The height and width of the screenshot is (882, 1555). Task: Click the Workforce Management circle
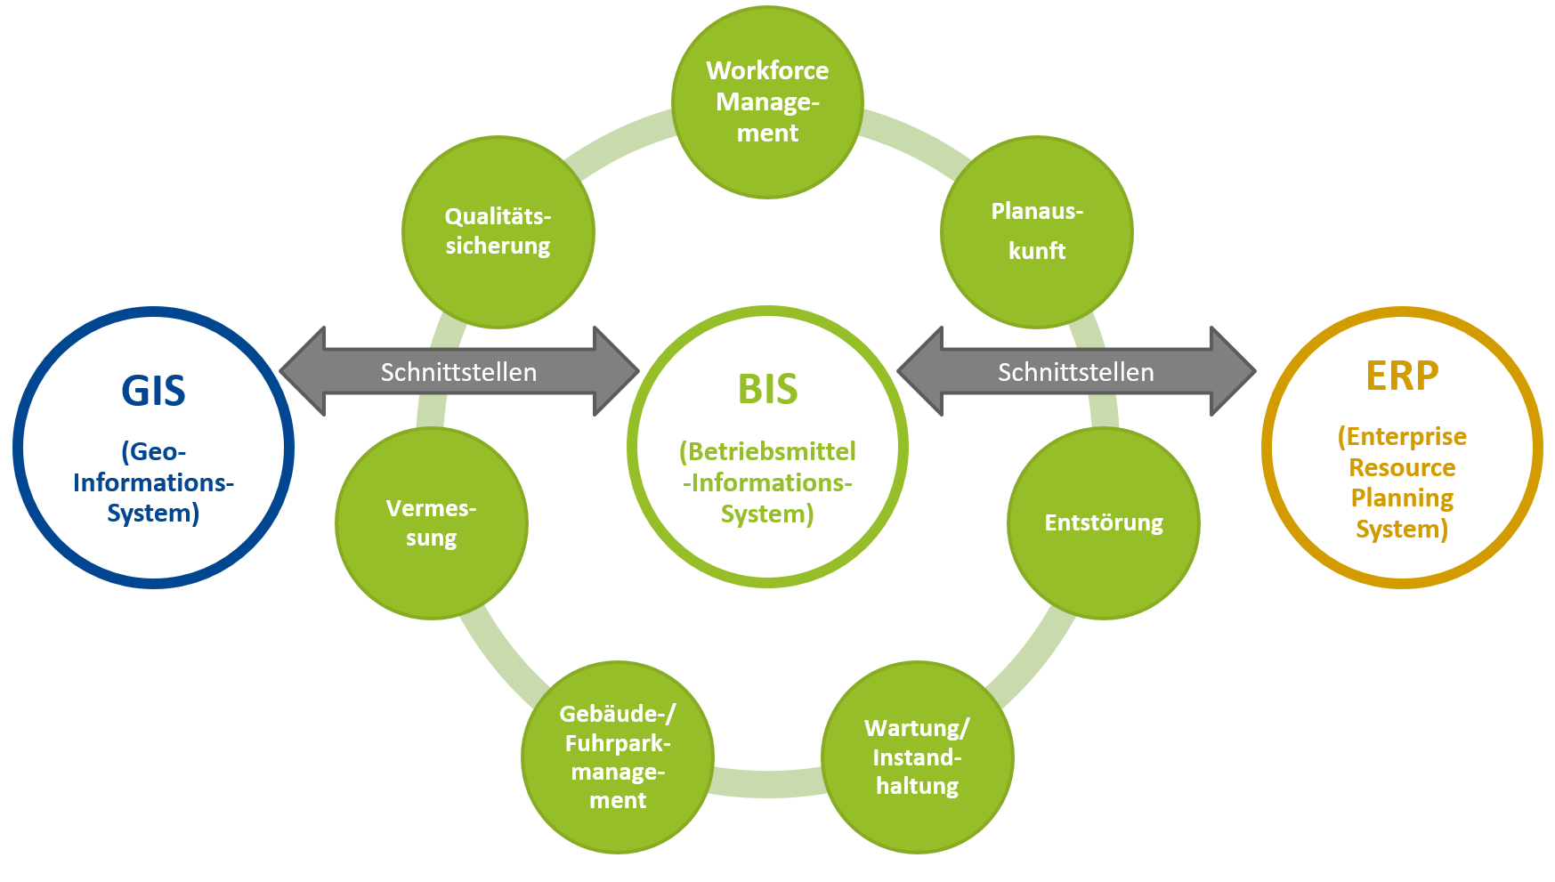767,102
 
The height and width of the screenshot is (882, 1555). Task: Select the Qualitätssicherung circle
498,231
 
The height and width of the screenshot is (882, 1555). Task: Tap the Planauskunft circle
1036,231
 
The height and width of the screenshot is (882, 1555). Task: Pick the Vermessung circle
431,523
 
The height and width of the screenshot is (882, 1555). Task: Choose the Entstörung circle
1103,523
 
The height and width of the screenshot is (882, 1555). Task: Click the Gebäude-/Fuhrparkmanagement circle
617,757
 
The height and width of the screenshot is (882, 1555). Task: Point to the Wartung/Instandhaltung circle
917,757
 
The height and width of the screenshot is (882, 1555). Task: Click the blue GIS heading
153,392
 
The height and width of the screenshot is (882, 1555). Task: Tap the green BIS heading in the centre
767,390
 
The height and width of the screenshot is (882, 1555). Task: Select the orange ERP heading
1402,376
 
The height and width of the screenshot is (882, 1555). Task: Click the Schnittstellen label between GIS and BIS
458,372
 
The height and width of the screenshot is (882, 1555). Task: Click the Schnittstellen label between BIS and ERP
1075,372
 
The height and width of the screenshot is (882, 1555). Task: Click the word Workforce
767,70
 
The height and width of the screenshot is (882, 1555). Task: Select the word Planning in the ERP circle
1402,498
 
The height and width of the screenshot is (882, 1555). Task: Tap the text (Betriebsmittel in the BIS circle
767,451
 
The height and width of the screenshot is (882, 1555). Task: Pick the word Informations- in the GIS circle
153,482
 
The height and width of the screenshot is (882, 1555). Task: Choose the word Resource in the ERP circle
1402,467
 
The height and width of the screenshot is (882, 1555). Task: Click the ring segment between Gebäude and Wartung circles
767,783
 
